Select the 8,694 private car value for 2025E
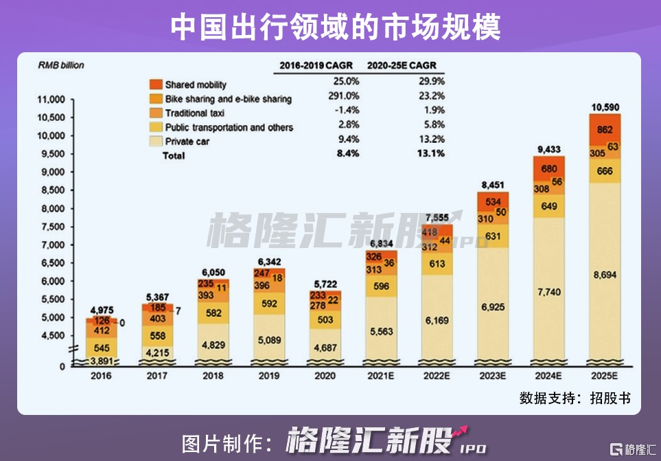point(605,275)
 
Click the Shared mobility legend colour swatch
point(154,85)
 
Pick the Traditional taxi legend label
point(196,113)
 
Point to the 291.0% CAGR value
point(344,98)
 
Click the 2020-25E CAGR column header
point(402,66)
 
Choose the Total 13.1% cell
point(430,155)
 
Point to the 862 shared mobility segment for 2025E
point(605,129)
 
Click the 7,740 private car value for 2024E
point(548,292)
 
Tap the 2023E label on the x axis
point(492,376)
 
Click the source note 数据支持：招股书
point(575,398)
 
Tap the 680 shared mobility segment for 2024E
point(548,169)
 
